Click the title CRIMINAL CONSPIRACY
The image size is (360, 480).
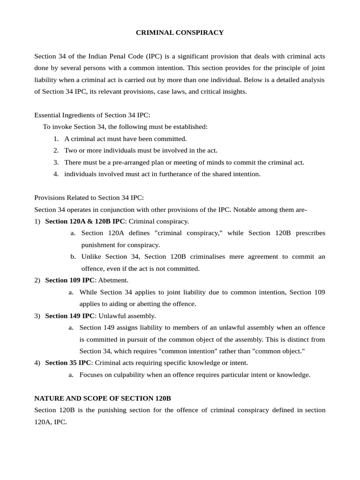pos(180,32)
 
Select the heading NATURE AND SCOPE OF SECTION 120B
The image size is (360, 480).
pos(103,398)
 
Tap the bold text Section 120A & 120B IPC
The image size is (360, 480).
pos(85,221)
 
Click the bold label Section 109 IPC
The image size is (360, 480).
pos(70,280)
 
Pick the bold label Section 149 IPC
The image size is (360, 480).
pos(70,316)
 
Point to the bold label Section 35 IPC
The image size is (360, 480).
pos(68,363)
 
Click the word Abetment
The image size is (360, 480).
pos(113,280)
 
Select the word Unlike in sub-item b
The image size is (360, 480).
pos(91,256)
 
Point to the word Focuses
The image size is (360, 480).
pos(92,375)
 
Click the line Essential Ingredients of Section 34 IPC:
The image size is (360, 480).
pos(92,115)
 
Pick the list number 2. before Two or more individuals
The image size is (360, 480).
pos(56,150)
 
